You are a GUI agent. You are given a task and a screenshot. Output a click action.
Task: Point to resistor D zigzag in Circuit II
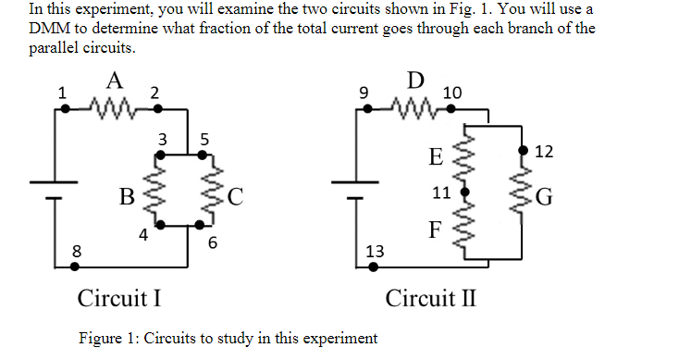[417, 108]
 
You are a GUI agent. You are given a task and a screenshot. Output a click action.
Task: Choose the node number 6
[213, 243]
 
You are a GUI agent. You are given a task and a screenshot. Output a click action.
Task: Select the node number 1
[62, 92]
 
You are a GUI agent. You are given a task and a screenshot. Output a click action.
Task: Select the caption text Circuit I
[120, 299]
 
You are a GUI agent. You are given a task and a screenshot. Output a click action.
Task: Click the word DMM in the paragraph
[50, 28]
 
